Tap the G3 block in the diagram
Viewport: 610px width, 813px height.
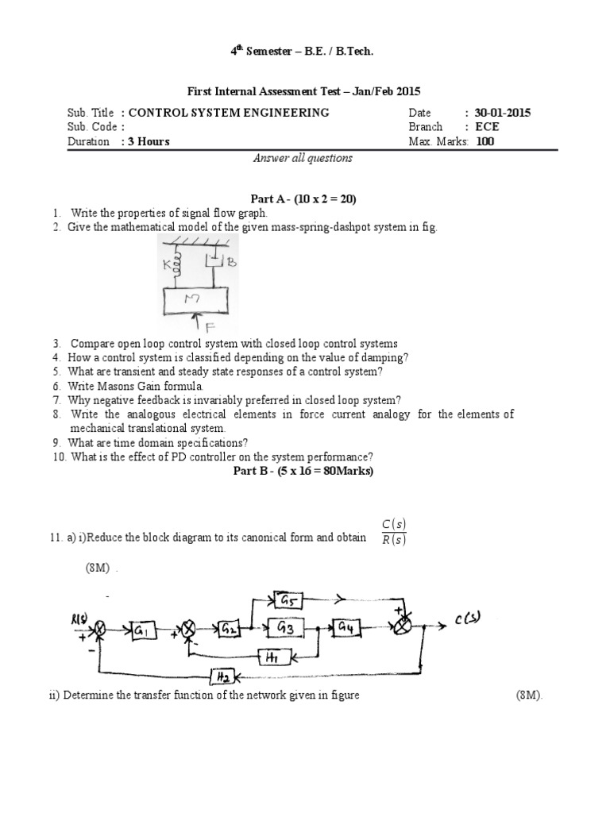286,628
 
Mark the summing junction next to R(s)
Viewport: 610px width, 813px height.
100,630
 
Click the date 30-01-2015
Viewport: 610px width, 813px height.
503,113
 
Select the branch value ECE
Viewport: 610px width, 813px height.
486,127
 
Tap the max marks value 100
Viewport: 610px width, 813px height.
485,141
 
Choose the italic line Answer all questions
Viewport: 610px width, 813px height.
303,158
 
